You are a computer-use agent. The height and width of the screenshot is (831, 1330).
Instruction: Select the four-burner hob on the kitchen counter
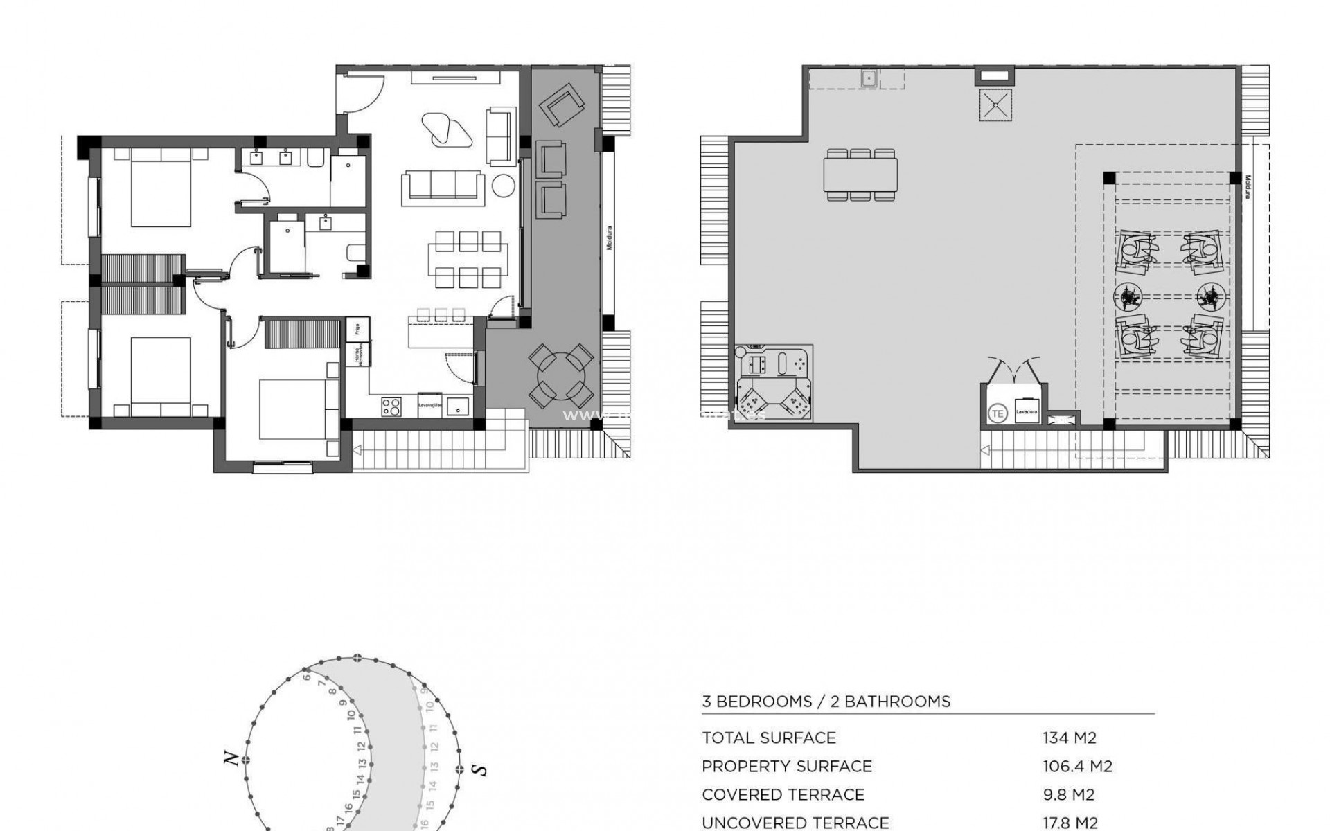[391, 406]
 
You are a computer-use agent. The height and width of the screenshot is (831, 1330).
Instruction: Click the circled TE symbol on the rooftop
[997, 414]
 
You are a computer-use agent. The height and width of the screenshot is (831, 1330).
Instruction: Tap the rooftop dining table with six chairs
[860, 175]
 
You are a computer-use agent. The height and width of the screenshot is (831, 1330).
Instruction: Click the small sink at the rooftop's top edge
[869, 78]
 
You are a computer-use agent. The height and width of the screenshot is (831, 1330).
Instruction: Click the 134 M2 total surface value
[1070, 738]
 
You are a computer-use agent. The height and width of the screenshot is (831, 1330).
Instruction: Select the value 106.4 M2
[1077, 767]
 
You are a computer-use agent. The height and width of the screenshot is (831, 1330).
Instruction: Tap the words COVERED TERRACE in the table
[783, 795]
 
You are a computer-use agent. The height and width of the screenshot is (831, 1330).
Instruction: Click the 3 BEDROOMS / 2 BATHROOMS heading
[826, 702]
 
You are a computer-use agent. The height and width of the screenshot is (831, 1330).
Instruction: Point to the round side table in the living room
[503, 187]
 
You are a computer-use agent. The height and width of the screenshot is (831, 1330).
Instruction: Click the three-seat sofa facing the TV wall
[443, 187]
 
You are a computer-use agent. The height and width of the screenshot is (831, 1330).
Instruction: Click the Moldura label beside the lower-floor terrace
[610, 238]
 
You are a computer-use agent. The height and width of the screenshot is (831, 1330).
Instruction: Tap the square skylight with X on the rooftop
[995, 105]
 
